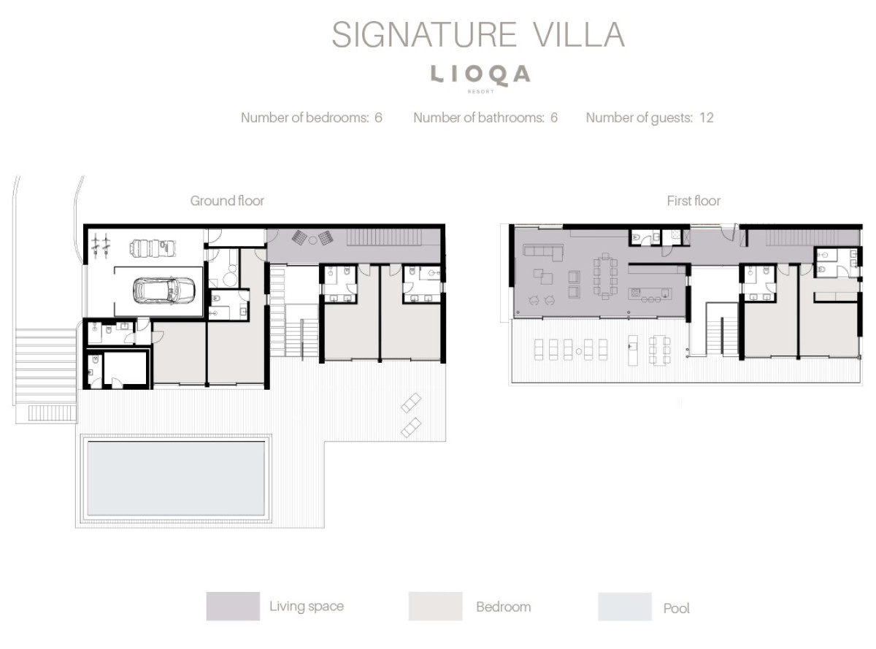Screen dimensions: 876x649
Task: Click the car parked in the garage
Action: [x=164, y=291]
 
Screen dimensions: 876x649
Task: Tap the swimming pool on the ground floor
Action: [x=176, y=478]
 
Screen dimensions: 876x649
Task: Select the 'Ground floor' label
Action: [x=227, y=201]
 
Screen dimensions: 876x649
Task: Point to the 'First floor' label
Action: [x=693, y=201]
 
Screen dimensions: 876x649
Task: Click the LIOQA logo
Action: [x=480, y=75]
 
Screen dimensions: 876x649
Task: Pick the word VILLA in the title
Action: [x=579, y=35]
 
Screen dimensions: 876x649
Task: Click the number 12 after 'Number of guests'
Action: [x=707, y=118]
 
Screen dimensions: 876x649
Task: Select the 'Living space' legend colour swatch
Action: [x=233, y=606]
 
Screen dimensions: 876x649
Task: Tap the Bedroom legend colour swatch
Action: [x=435, y=606]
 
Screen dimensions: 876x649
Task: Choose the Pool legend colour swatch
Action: [x=625, y=607]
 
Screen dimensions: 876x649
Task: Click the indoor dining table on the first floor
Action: [x=605, y=276]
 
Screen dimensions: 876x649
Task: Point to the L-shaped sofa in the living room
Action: [x=543, y=252]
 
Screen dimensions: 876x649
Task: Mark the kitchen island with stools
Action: [x=650, y=294]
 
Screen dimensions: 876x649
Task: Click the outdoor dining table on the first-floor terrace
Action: [x=658, y=350]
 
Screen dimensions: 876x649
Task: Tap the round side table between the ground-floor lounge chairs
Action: [x=312, y=239]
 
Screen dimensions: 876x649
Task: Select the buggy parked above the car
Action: [x=153, y=248]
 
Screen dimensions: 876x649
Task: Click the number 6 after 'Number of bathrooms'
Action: [x=554, y=118]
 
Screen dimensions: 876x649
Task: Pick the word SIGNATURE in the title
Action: [x=424, y=35]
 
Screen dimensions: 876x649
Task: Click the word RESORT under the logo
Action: [x=480, y=92]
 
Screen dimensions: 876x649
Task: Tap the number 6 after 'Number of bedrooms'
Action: [x=378, y=118]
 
